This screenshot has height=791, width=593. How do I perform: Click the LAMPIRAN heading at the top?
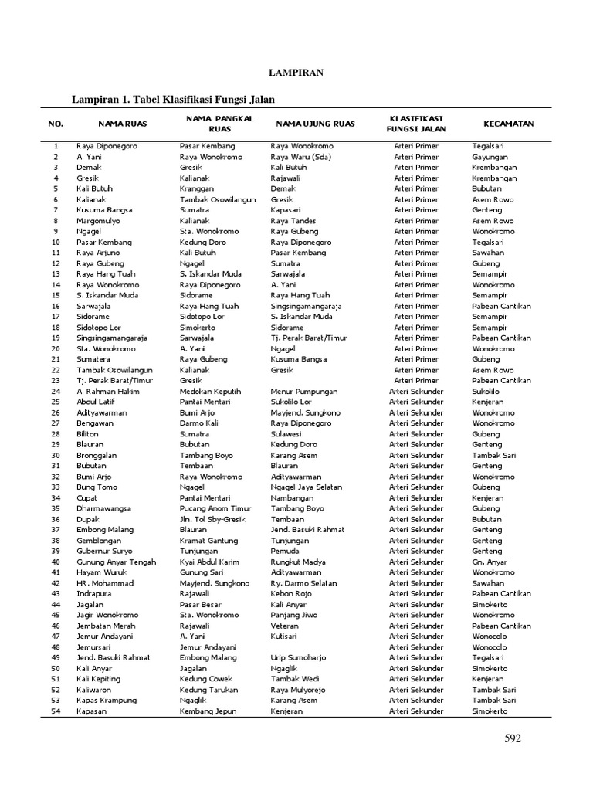pos(296,73)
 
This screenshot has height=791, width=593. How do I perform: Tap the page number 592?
pos(513,738)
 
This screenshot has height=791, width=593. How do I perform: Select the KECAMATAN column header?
pos(508,124)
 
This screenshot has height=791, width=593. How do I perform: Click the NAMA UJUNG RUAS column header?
pos(315,124)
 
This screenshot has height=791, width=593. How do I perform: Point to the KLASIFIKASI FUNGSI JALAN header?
pos(415,124)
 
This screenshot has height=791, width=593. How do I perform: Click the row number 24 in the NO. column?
pos(56,392)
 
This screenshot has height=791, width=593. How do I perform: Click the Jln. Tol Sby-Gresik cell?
pos(212,520)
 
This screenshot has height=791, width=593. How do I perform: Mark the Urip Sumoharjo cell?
pos(298,658)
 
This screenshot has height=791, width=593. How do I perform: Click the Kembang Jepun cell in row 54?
pos(208,711)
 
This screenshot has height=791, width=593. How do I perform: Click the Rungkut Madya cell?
pos(297,562)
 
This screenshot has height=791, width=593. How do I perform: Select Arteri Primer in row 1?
pos(415,146)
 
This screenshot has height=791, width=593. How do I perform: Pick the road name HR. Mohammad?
pos(104,583)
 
